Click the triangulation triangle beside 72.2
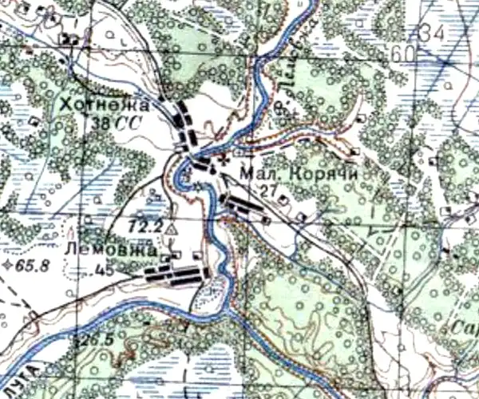point(170,230)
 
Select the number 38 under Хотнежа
point(101,124)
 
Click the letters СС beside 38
point(128,124)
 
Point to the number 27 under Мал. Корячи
point(269,189)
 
